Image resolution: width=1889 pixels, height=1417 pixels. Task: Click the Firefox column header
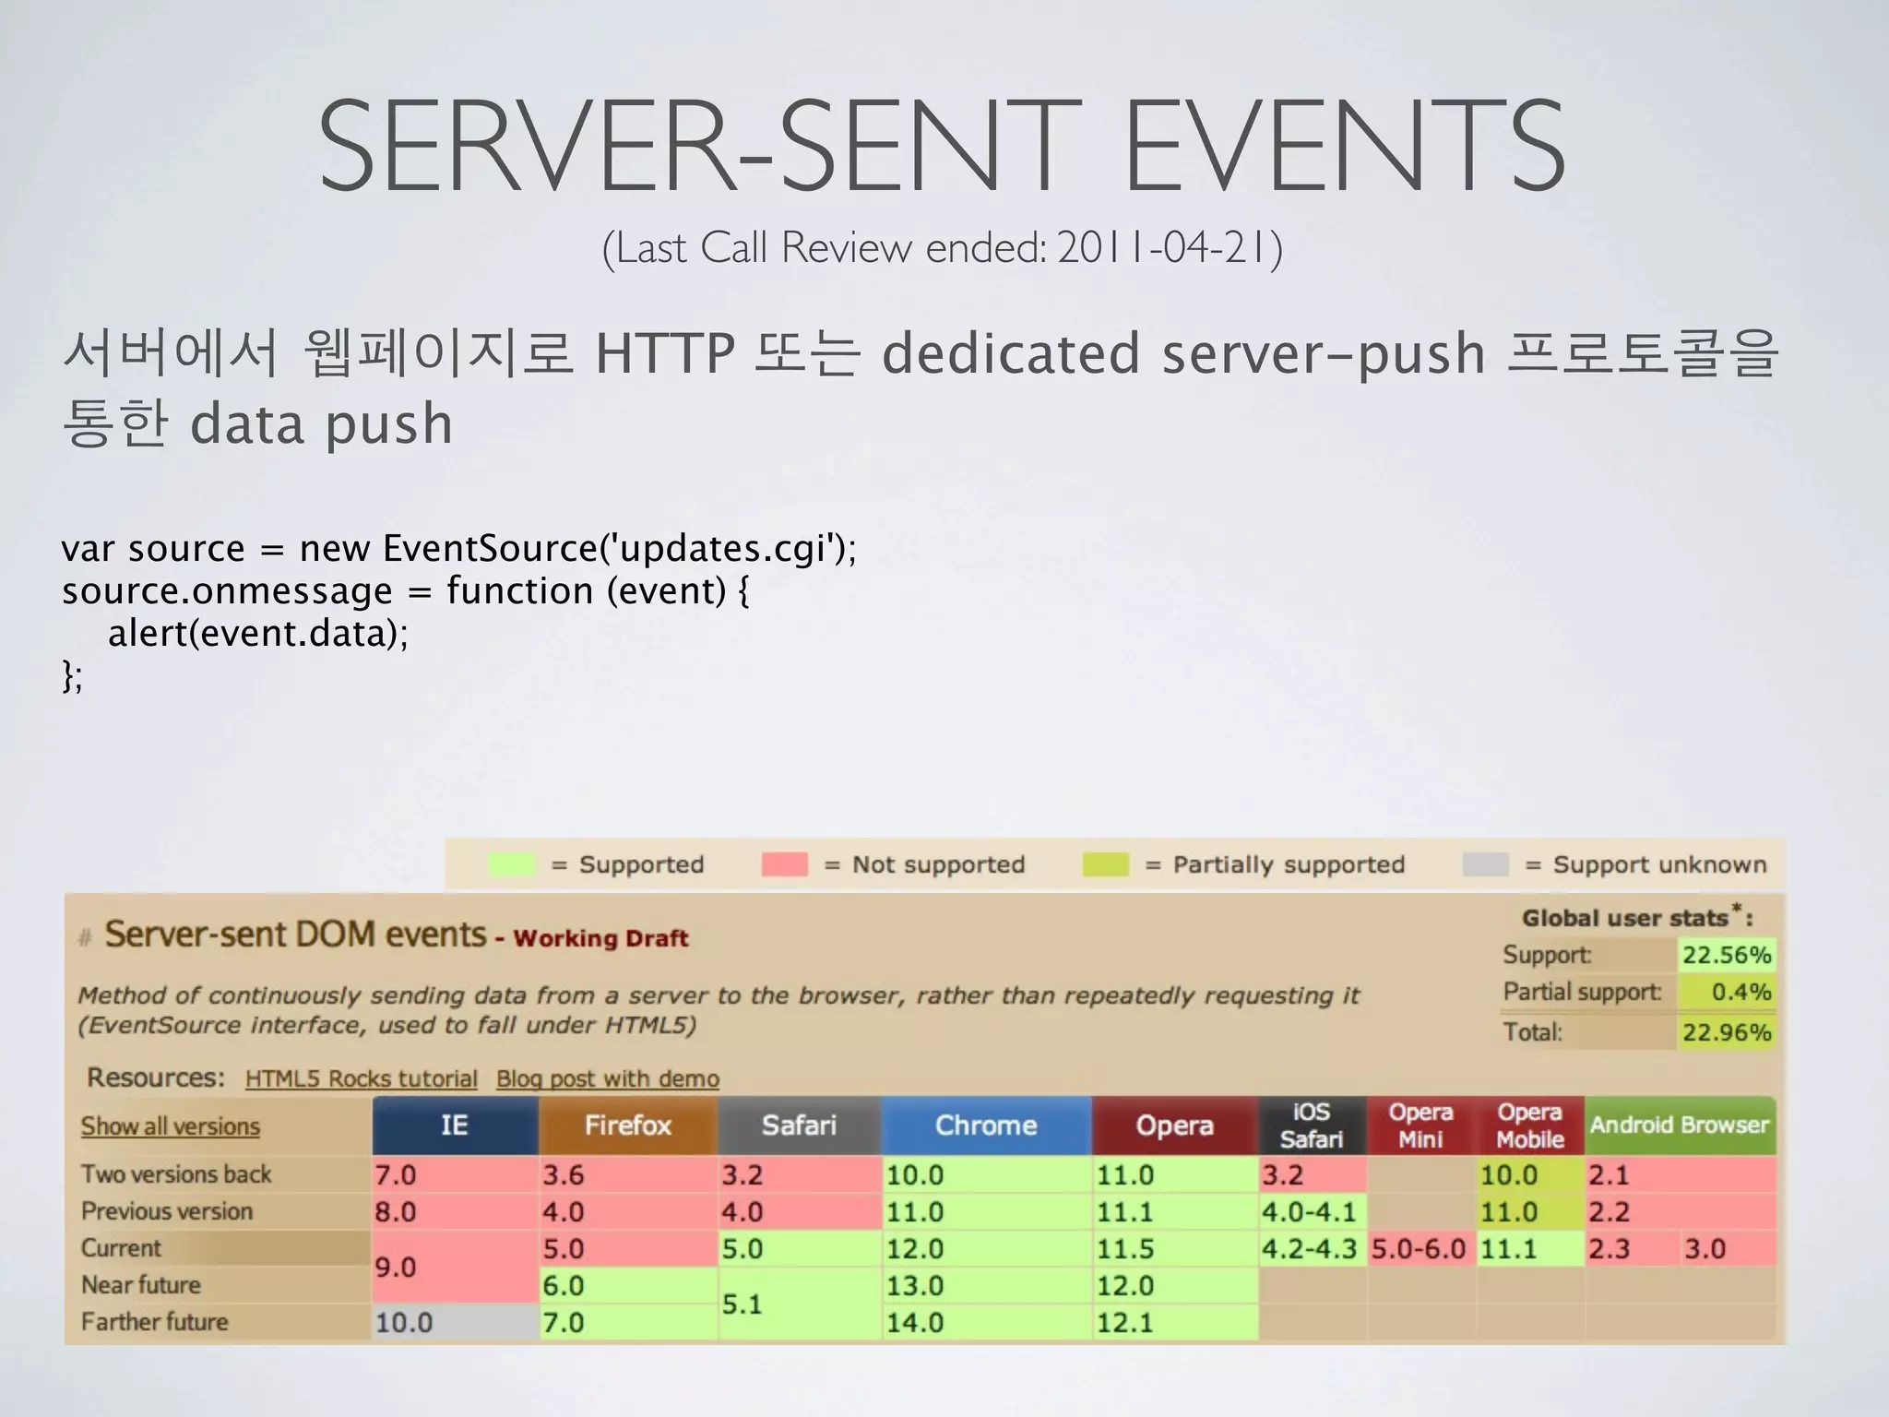[627, 1125]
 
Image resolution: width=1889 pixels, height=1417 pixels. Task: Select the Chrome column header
[986, 1125]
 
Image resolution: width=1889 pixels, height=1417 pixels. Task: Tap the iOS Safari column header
[1312, 1125]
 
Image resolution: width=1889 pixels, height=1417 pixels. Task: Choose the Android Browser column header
[1680, 1125]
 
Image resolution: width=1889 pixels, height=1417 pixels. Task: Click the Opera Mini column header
[1420, 1125]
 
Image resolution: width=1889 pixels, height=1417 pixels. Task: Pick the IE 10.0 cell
[455, 1322]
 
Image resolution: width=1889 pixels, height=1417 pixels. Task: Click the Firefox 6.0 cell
[627, 1285]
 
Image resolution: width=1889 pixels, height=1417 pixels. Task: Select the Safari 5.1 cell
[799, 1304]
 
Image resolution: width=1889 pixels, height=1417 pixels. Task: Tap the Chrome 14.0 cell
[986, 1322]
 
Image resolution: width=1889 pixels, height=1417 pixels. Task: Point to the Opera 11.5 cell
[1174, 1248]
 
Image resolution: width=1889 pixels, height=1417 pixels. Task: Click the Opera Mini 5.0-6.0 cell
[1420, 1248]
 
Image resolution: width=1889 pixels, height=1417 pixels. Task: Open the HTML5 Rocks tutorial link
[361, 1078]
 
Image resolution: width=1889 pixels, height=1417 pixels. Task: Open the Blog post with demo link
[607, 1078]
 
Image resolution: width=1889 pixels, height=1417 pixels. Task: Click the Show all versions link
[171, 1126]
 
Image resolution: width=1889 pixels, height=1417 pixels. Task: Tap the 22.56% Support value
[1726, 955]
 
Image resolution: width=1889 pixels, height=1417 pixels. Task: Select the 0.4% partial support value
[1740, 993]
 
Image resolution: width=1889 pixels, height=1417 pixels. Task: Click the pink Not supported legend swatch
[784, 864]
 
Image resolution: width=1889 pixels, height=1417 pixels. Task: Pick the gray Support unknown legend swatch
[1485, 864]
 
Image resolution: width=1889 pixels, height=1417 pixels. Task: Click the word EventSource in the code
[490, 548]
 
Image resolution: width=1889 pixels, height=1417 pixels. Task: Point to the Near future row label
[141, 1285]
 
